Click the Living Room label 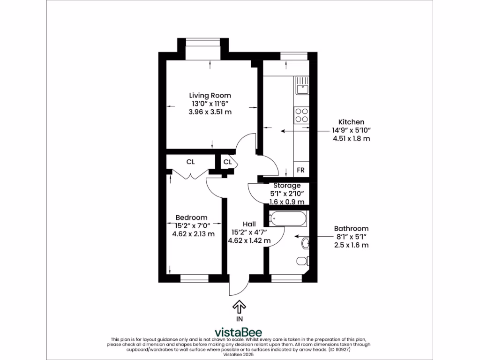(x=210, y=95)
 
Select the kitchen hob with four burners (x=301, y=115)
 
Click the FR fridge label (x=300, y=170)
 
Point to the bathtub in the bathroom (x=288, y=218)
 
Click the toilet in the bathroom (x=301, y=260)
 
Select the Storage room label (x=287, y=186)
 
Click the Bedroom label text (x=191, y=217)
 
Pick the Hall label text (x=249, y=224)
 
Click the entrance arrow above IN (x=240, y=307)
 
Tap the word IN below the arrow (x=240, y=319)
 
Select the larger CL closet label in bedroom (x=190, y=162)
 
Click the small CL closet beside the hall (x=227, y=162)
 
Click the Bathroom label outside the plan (x=351, y=229)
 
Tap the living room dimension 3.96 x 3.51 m (x=210, y=112)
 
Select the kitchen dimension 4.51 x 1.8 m (x=351, y=139)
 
